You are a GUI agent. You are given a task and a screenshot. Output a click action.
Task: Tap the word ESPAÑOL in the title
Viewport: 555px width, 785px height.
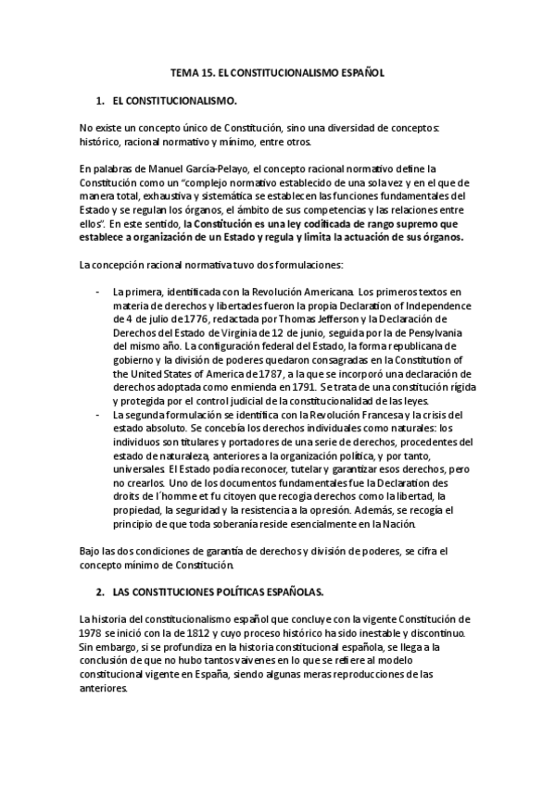(359, 70)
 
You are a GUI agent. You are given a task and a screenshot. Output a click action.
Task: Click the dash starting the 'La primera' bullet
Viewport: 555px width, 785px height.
(98, 292)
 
